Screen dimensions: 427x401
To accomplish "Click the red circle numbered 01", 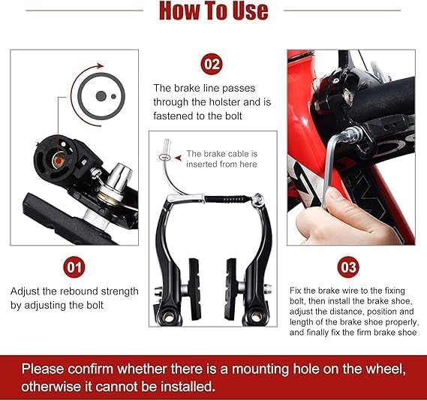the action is [74, 267].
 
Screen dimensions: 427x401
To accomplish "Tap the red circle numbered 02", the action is [212, 65].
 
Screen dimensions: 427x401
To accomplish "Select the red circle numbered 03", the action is [348, 267].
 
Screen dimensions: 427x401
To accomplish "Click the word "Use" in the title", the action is [251, 11].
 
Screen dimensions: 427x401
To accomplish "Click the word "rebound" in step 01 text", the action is [79, 291].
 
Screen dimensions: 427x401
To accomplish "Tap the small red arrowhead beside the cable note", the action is [179, 158].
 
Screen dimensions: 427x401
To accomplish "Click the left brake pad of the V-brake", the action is [194, 289].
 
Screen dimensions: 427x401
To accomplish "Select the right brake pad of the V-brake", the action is [231, 289].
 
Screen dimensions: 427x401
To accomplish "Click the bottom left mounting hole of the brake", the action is [169, 317].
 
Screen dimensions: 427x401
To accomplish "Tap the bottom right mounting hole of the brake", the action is [256, 316].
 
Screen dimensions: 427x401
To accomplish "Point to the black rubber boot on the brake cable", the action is [228, 199].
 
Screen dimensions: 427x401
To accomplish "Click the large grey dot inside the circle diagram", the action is [101, 96].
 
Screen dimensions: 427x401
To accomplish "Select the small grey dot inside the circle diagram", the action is [113, 96].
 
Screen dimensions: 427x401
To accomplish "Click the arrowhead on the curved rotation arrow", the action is [101, 66].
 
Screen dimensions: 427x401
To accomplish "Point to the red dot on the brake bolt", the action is [59, 161].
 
